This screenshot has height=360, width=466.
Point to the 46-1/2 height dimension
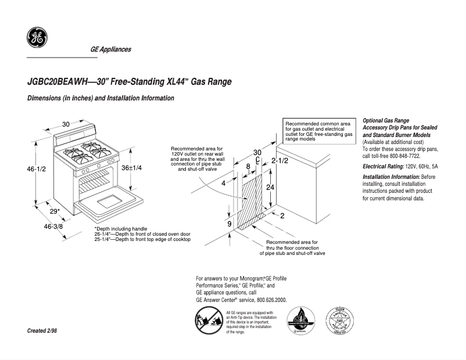36,169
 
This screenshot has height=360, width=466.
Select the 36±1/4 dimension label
131,167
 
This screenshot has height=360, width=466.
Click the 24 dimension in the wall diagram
270,188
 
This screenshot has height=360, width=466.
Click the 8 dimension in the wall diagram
248,167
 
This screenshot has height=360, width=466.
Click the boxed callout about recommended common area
319,131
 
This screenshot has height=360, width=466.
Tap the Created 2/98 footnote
42,330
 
